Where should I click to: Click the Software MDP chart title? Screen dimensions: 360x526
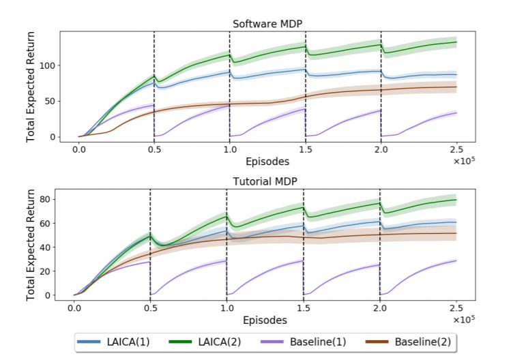tap(267, 24)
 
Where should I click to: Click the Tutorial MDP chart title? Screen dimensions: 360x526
tap(267, 183)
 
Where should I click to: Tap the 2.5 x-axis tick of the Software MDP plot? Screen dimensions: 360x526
tap(456, 149)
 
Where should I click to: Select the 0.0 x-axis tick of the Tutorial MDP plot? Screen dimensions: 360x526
tap(74, 307)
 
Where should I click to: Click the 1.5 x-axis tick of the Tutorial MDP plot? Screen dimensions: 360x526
tap(303, 307)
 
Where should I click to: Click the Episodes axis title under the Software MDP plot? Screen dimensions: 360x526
tap(267, 162)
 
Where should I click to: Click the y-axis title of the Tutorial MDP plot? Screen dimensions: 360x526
tap(31, 245)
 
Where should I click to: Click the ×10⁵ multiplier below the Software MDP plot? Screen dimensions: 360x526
tap(465, 161)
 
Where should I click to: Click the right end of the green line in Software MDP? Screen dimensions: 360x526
tap(456, 42)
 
